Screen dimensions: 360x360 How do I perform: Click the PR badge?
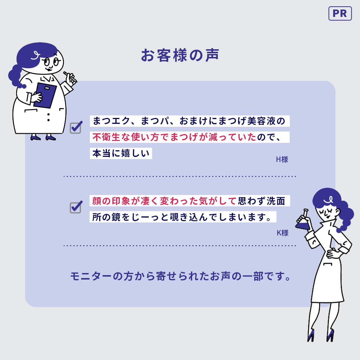340,14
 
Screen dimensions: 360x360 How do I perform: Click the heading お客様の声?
180,55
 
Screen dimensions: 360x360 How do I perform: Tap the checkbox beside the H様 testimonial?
76,127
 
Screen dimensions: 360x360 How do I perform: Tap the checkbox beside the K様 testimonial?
76,207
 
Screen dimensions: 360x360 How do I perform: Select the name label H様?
282,159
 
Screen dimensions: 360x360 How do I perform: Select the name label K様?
282,233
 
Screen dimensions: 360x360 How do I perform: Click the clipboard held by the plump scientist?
45,95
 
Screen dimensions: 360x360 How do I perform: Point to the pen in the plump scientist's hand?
69,77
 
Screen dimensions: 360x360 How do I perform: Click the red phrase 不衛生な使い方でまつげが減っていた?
174,137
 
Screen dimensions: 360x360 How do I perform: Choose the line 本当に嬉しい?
121,154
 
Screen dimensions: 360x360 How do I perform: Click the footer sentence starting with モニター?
180,276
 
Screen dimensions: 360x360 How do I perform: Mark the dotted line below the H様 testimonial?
180,176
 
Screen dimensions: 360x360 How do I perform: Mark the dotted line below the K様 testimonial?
180,246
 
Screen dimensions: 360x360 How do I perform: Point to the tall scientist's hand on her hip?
332,253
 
